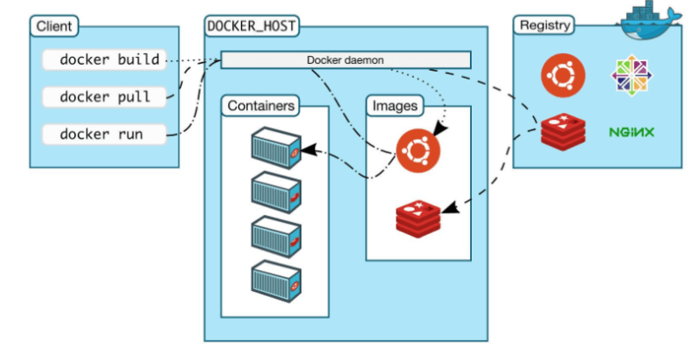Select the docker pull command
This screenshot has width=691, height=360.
point(105,97)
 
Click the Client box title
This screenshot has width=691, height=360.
point(54,25)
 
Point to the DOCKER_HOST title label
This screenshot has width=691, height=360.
point(252,25)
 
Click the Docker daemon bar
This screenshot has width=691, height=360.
point(345,60)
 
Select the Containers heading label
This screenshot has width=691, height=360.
point(260,106)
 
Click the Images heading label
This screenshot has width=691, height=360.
point(395,106)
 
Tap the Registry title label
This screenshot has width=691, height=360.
point(544,25)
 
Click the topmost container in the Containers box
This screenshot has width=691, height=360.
point(275,146)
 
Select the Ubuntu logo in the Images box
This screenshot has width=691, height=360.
point(418,150)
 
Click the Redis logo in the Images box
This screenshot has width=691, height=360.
point(418,217)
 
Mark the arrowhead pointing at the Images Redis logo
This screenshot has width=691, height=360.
point(448,209)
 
